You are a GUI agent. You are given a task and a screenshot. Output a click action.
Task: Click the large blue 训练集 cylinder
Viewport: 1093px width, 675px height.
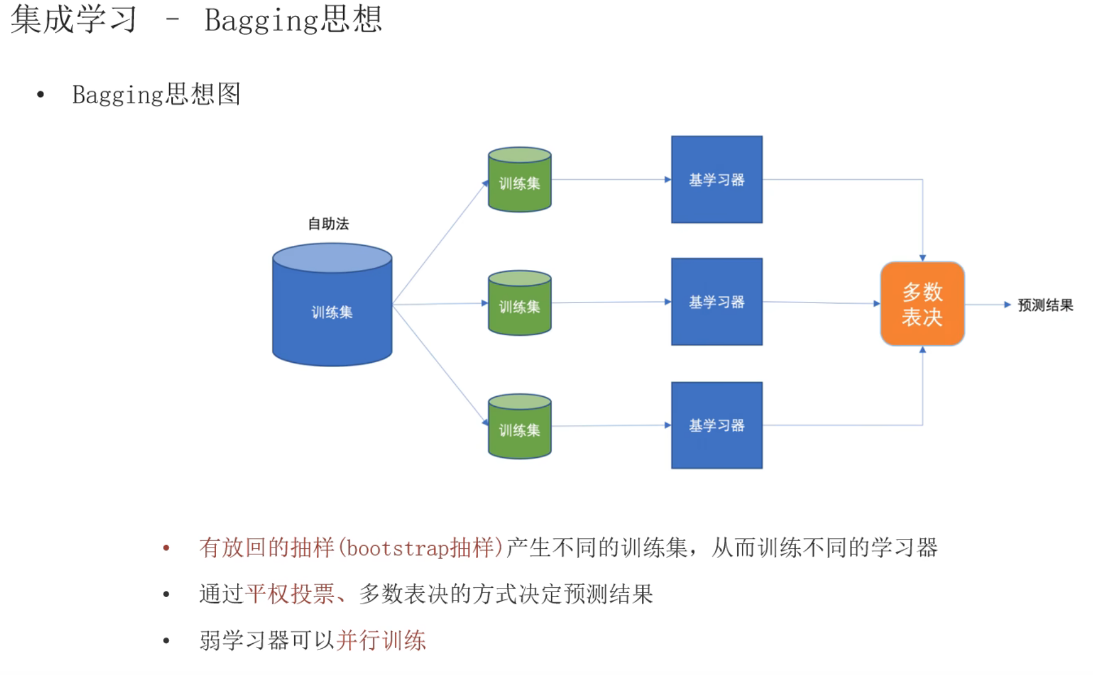click(x=332, y=305)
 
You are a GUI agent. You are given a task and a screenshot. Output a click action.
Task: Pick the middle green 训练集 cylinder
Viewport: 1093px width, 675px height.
click(x=519, y=304)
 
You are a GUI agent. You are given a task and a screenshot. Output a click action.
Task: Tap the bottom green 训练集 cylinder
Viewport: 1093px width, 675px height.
click(x=519, y=427)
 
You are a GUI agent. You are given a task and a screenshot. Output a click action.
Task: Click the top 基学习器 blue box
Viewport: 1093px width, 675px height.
click(x=716, y=179)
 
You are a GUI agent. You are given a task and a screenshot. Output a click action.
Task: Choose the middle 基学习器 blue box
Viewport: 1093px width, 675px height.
click(x=716, y=302)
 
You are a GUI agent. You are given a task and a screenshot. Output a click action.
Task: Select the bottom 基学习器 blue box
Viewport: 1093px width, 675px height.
click(x=716, y=425)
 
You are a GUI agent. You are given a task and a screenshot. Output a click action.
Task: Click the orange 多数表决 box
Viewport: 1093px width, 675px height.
click(x=922, y=304)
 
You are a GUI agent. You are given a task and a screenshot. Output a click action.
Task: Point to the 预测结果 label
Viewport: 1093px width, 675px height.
click(x=1045, y=305)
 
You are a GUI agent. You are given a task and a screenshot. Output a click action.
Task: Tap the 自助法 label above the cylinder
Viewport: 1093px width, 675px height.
click(x=328, y=224)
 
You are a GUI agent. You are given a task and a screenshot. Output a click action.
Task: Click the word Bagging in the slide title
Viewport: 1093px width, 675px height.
click(x=261, y=20)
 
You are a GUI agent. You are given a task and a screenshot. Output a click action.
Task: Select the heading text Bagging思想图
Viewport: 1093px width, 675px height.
click(x=156, y=95)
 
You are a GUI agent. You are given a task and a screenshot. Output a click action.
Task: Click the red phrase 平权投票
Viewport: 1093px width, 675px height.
click(x=290, y=594)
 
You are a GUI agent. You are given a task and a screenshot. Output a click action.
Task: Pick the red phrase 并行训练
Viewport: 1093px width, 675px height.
click(x=381, y=640)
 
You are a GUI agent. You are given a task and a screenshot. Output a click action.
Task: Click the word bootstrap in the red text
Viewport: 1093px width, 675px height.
click(x=397, y=548)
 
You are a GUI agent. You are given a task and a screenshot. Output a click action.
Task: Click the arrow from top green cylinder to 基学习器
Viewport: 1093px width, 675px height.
click(x=610, y=180)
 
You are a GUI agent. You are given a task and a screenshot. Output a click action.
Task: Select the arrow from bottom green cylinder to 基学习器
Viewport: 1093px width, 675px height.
click(x=610, y=426)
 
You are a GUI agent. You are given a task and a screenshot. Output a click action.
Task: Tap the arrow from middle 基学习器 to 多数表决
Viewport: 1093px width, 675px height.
click(x=821, y=302)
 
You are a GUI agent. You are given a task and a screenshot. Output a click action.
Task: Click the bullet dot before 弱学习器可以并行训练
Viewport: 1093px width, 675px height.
click(x=166, y=641)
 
